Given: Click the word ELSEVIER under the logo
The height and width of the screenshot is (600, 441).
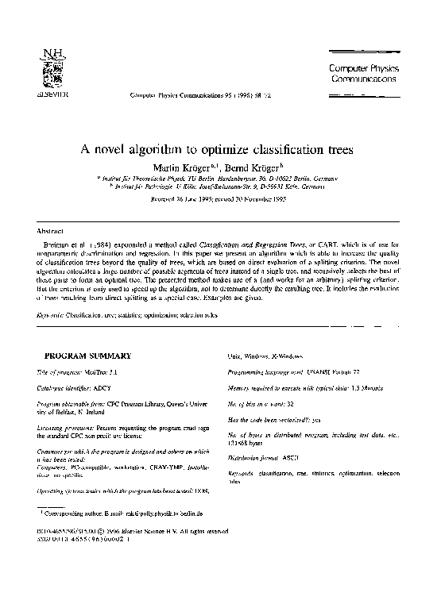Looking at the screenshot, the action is (x=51, y=93).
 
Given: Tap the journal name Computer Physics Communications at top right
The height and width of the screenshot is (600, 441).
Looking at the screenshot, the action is (x=362, y=74).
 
